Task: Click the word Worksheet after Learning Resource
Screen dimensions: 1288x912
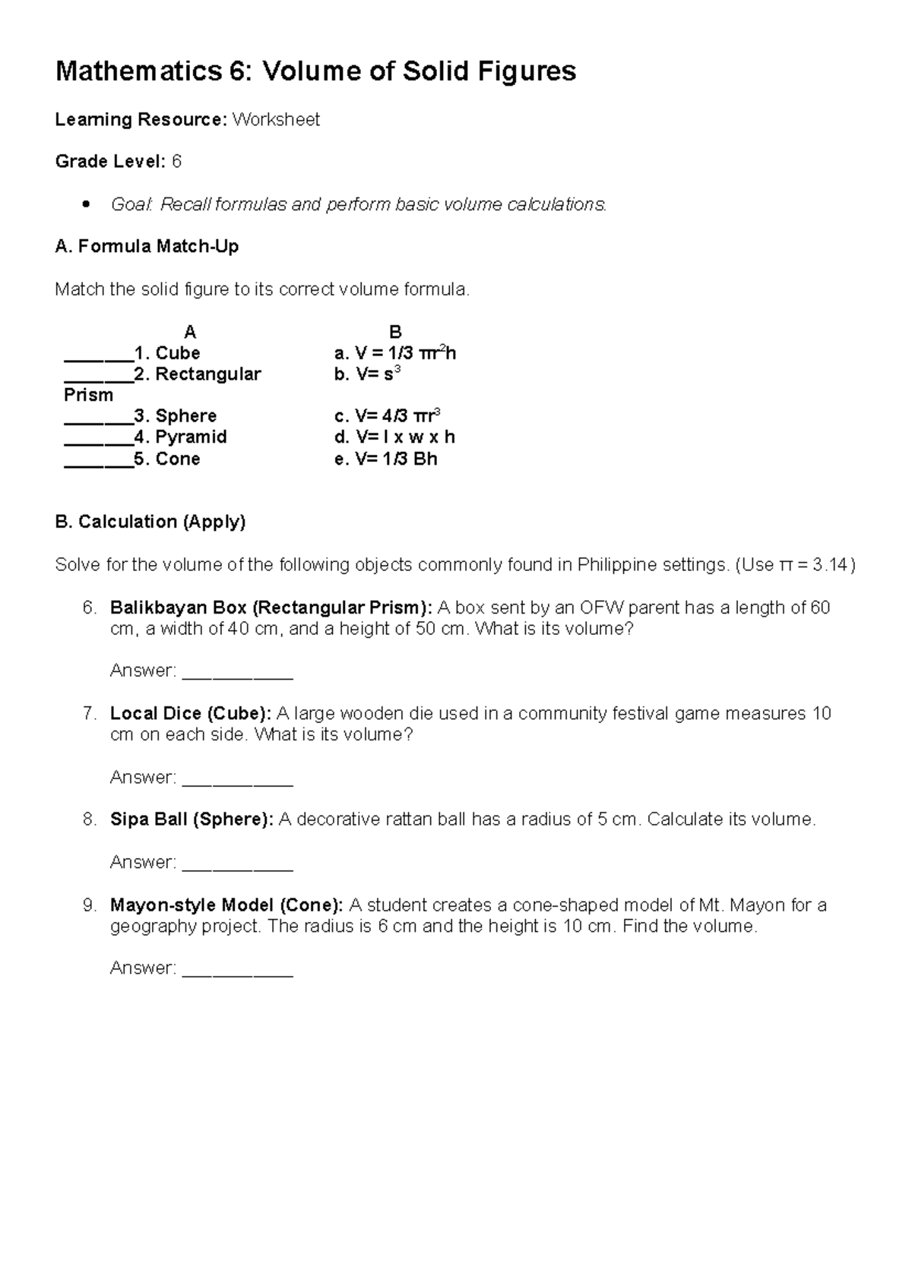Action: click(276, 120)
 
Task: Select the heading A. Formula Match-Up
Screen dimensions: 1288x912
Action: click(147, 246)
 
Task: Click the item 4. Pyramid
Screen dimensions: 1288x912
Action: click(179, 437)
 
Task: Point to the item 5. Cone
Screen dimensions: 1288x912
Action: click(166, 459)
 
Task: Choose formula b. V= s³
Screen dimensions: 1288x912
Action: click(367, 374)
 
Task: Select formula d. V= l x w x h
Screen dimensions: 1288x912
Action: click(394, 437)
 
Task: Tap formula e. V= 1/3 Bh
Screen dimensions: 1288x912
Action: click(385, 459)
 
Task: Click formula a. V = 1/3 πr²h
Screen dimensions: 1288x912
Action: click(395, 353)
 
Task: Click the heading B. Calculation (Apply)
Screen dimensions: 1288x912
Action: click(150, 522)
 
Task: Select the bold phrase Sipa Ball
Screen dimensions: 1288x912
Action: click(150, 819)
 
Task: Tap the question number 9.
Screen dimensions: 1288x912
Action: click(89, 905)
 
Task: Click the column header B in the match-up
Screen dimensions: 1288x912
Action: click(395, 332)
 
